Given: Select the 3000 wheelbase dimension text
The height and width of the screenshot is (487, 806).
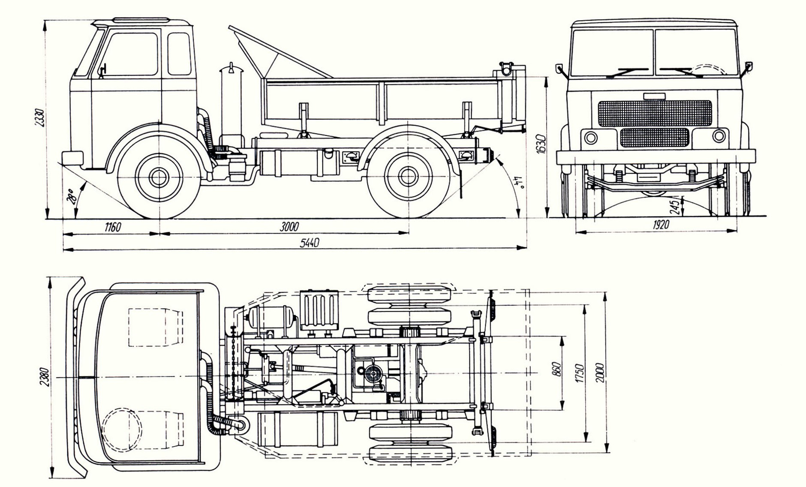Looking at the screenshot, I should (x=289, y=227).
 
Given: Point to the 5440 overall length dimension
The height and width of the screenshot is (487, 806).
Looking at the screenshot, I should (x=309, y=243).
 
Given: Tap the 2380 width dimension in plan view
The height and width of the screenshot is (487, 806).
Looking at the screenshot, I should (x=44, y=377).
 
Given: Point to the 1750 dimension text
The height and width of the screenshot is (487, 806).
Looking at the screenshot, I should (x=580, y=373).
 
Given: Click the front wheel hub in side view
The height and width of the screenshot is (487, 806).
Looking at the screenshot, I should (x=159, y=176).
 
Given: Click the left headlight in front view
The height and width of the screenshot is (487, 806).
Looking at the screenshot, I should (x=591, y=138).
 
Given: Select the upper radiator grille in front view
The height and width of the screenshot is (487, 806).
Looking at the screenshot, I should (x=655, y=113).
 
